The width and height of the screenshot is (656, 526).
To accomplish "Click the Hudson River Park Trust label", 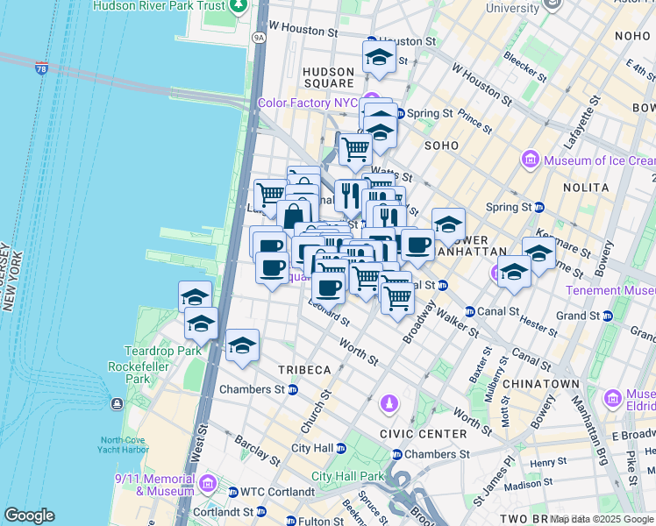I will (157, 5).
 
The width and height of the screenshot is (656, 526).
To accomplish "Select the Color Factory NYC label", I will (307, 103).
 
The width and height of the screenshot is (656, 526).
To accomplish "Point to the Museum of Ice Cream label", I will (599, 160).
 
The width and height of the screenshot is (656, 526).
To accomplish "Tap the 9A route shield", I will (258, 39).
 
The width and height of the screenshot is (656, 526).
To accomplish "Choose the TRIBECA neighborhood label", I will (304, 370).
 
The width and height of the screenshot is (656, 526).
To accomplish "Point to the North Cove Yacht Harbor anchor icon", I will (116, 403).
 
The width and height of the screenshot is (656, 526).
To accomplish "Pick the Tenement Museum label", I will (610, 290).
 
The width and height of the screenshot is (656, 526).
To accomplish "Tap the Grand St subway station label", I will (576, 316).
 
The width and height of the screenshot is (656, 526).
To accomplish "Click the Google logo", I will (30, 515).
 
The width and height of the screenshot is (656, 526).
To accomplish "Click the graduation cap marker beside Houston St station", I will (378, 59).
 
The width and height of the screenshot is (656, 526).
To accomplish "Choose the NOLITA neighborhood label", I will (587, 188).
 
